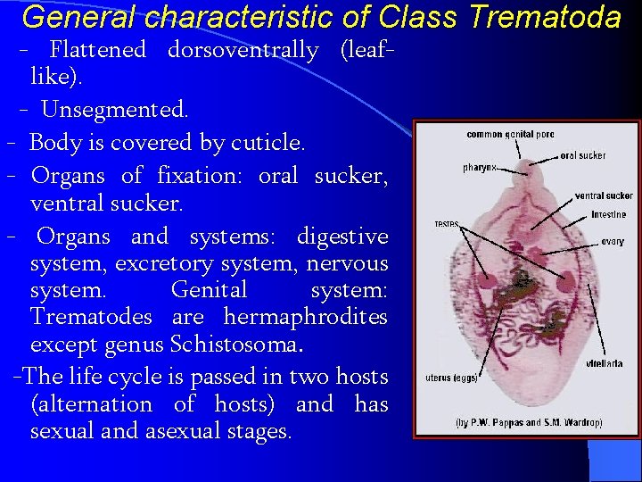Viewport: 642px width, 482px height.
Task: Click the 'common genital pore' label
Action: pos(510,135)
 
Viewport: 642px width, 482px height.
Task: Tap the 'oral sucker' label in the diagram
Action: pos(582,155)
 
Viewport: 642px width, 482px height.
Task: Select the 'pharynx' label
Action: pos(479,168)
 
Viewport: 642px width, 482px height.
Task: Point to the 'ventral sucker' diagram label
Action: pos(604,195)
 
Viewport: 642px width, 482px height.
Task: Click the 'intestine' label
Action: pos(608,215)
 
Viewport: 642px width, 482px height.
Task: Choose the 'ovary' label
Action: pos(612,242)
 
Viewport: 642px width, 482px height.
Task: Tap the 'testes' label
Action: pos(446,225)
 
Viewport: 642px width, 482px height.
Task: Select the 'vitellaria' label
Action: pos(604,363)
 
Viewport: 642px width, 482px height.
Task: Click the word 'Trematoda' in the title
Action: pos(544,17)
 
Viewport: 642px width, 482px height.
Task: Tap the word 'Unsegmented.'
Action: pos(114,110)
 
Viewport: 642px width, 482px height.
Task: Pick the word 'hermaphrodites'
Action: pos(306,317)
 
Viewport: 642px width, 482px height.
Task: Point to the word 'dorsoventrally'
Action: pos(243,50)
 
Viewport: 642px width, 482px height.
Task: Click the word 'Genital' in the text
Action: pos(209,290)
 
